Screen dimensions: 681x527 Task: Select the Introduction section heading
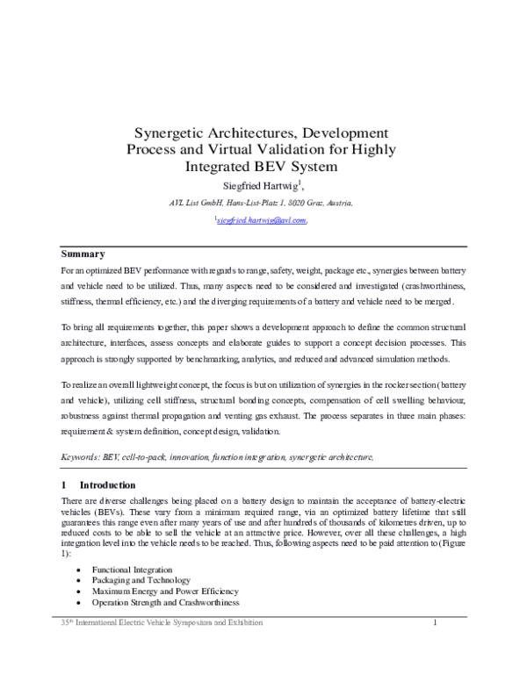click(x=107, y=484)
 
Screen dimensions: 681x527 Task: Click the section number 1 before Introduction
click(x=62, y=484)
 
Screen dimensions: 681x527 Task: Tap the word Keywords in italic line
click(x=78, y=457)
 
